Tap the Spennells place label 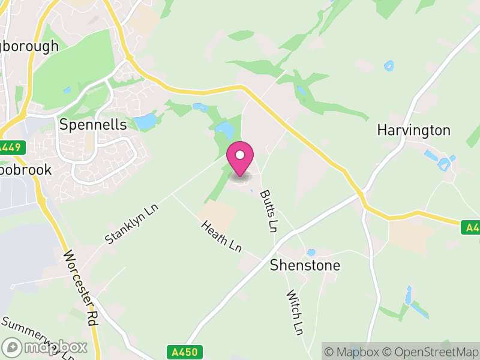[94, 124]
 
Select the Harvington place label [413, 130]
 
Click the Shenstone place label [305, 265]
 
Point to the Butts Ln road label [269, 211]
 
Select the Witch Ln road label [294, 313]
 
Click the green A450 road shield [184, 352]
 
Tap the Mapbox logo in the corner [45, 347]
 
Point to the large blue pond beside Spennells [145, 122]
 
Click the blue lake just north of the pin [226, 129]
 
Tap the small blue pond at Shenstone [311, 253]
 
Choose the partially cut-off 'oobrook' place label [26, 169]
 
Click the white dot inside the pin [240, 155]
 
